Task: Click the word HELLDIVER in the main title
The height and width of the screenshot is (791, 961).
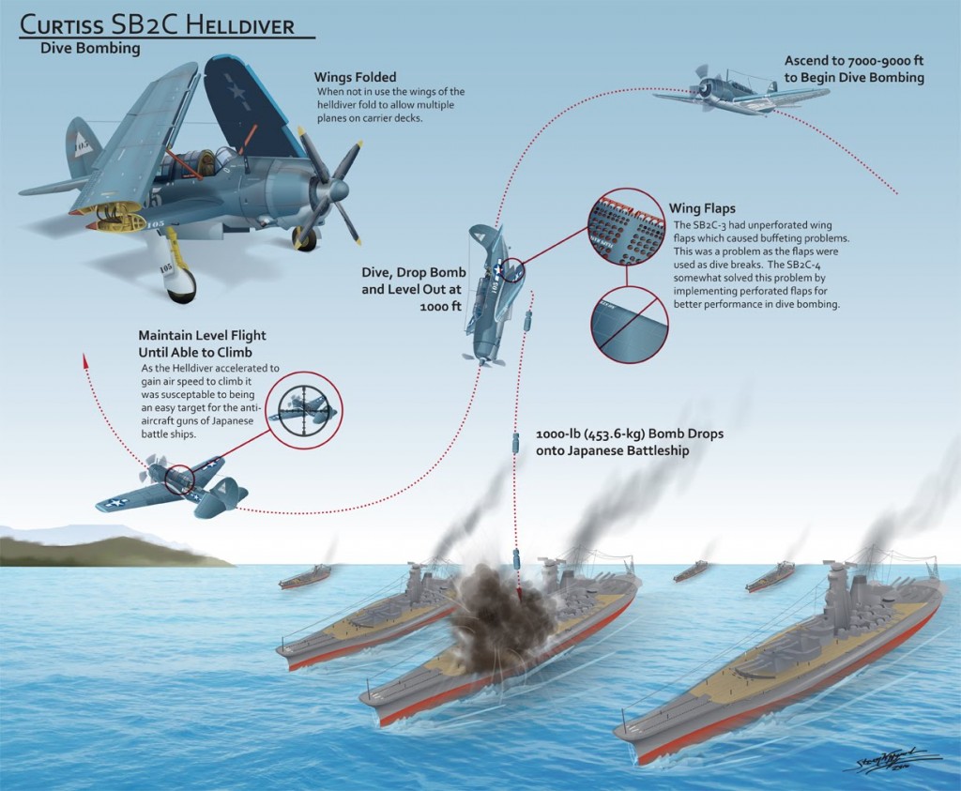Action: pyautogui.click(x=239, y=24)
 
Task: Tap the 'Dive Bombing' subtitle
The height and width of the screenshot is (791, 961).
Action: pyautogui.click(x=90, y=49)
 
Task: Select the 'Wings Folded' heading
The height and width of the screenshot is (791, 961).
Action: pyautogui.click(x=355, y=77)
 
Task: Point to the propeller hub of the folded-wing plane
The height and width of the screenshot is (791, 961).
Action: pyautogui.click(x=336, y=190)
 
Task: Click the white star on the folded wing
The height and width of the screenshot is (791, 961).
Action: pyautogui.click(x=236, y=93)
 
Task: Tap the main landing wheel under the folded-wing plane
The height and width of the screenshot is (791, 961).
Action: pyautogui.click(x=182, y=285)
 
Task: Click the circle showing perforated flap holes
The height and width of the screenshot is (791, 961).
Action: pyautogui.click(x=626, y=227)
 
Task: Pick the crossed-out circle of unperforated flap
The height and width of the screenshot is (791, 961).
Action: pyautogui.click(x=630, y=326)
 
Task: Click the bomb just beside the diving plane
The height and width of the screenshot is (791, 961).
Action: pyautogui.click(x=527, y=321)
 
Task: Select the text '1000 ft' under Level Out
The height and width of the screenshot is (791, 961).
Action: pyautogui.click(x=440, y=306)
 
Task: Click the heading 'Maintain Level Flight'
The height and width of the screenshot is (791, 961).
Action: pyautogui.click(x=203, y=336)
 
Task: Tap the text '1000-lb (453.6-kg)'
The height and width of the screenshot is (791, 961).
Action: pyautogui.click(x=590, y=434)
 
